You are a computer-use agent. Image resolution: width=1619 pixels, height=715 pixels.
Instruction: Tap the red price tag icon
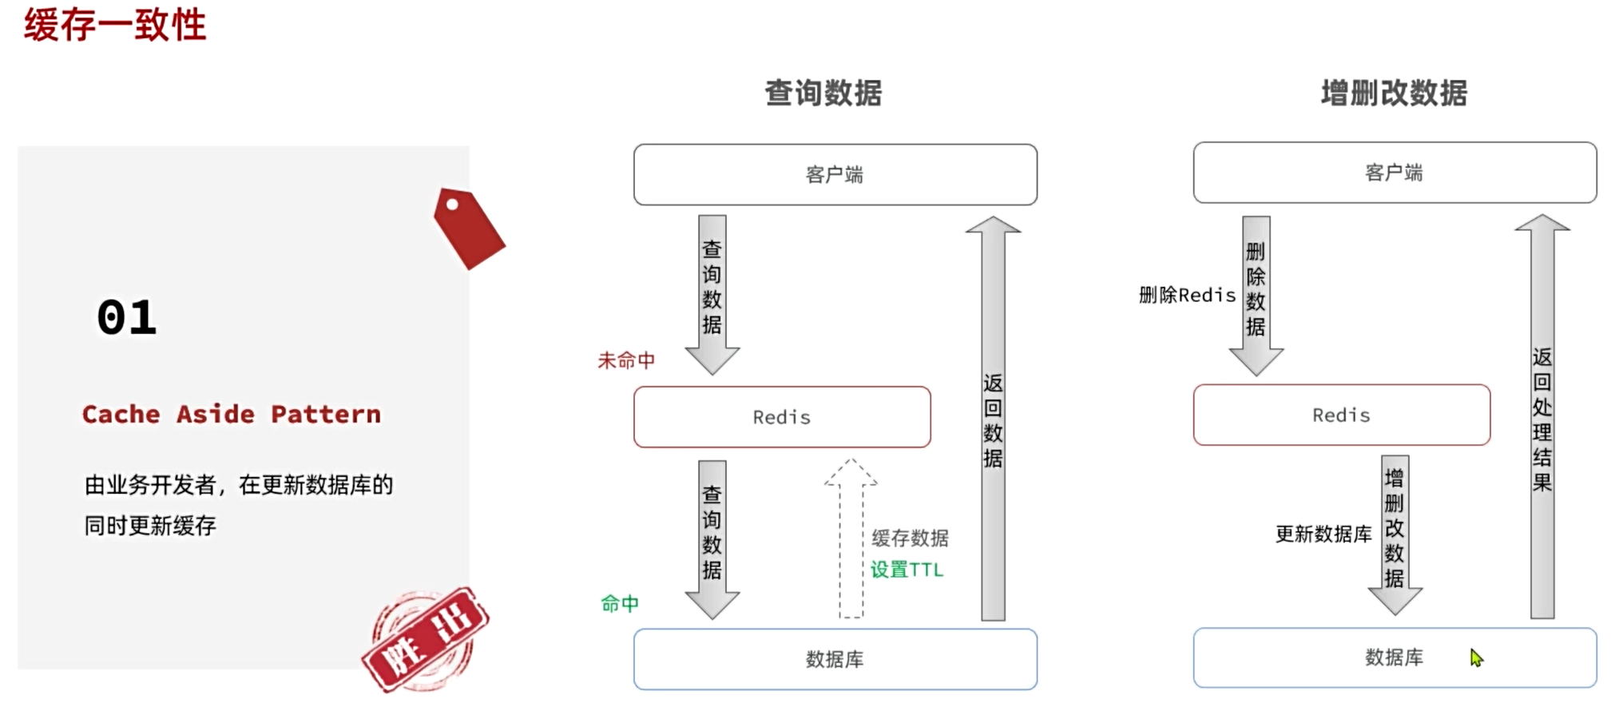coord(469,228)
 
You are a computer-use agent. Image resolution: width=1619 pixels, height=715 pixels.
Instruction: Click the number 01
coord(126,318)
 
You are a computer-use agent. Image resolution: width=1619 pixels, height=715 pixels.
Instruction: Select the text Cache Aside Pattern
coord(232,414)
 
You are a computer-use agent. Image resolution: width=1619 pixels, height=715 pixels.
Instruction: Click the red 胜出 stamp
coord(426,639)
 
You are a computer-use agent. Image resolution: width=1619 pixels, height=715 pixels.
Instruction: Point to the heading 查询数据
coord(823,93)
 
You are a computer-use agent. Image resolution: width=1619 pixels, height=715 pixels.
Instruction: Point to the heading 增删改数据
coord(1394,93)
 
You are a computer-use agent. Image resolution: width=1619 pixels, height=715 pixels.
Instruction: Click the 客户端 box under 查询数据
coord(835,174)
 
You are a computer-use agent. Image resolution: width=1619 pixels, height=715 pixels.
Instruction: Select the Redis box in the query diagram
coord(781,417)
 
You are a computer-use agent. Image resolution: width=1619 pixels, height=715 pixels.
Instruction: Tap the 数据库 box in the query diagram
coord(835,659)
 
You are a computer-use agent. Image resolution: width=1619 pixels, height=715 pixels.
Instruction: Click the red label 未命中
coord(626,361)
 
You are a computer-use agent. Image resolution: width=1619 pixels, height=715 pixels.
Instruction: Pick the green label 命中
coord(620,604)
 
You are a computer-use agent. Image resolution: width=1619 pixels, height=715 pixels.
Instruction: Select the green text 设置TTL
coord(907,570)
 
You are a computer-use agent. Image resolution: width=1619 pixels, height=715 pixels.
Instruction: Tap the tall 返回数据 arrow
coord(993,419)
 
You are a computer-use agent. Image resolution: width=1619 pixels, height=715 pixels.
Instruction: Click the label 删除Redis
coord(1187,296)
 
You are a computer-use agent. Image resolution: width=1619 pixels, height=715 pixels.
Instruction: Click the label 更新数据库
coord(1323,534)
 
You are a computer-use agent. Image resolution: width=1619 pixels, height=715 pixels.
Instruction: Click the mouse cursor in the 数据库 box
coord(1476,657)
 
